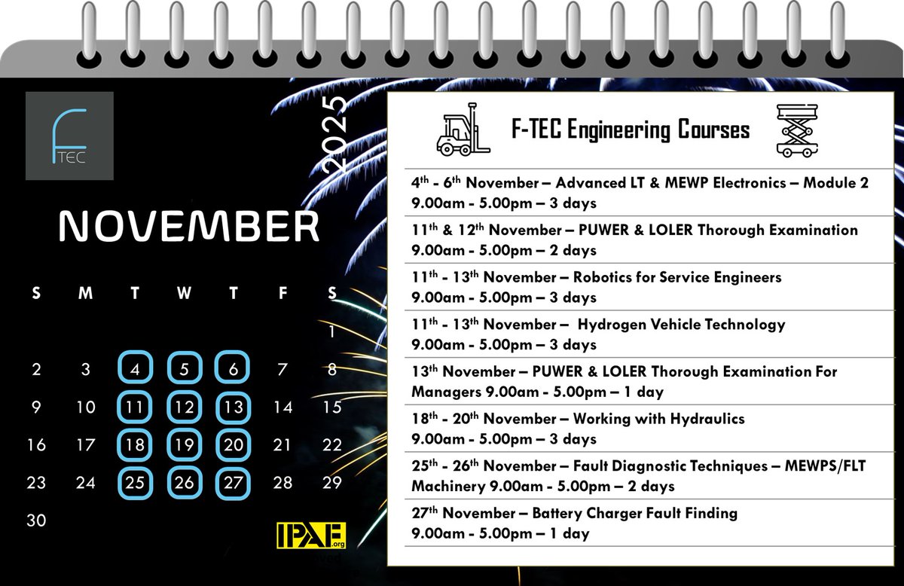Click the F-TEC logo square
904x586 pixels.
click(x=69, y=136)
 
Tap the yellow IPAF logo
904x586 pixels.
click(x=311, y=536)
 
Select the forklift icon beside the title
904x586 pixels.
click(x=463, y=134)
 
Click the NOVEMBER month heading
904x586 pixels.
click(x=189, y=226)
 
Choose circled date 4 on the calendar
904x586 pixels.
click(x=135, y=369)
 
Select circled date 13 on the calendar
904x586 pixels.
click(x=233, y=407)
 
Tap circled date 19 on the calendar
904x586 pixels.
click(x=184, y=444)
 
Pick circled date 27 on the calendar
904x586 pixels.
click(x=233, y=482)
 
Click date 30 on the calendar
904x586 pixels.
click(x=36, y=520)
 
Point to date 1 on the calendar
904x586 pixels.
click(x=331, y=331)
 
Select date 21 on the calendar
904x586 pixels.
click(x=282, y=444)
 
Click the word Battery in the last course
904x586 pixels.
click(x=558, y=514)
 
